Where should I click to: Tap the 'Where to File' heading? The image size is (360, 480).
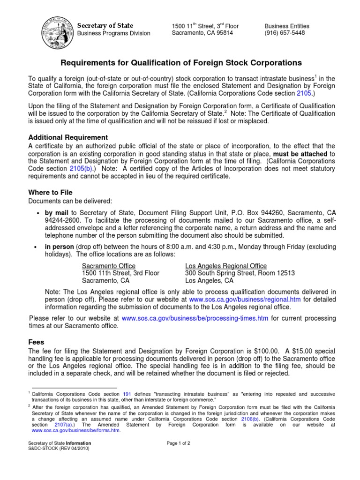click(x=51, y=192)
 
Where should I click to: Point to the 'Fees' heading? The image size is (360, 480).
click(x=37, y=342)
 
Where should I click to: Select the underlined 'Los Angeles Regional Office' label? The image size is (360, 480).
click(x=226, y=266)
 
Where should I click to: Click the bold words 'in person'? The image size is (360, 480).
click(x=59, y=247)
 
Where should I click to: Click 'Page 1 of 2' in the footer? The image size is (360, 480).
click(x=179, y=443)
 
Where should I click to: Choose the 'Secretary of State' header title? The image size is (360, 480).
click(x=105, y=25)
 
